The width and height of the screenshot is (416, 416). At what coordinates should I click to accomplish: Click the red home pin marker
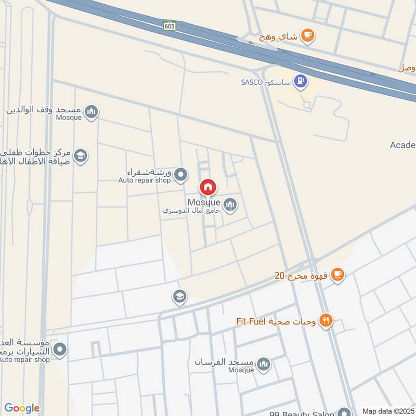point(208,187)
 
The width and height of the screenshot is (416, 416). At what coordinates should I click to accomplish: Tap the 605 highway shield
point(170,25)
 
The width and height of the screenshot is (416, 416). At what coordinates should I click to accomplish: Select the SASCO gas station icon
point(300,81)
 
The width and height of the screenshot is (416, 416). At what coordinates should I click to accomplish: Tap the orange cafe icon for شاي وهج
point(308,35)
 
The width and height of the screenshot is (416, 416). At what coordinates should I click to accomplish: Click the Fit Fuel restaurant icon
point(326,321)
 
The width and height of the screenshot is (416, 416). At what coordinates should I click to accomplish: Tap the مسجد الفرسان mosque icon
point(264,363)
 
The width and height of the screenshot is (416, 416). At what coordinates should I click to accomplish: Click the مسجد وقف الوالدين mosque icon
point(92,111)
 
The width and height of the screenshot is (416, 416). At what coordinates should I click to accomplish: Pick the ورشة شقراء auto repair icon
point(180,175)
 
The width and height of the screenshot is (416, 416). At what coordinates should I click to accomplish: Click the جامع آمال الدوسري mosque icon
point(230,205)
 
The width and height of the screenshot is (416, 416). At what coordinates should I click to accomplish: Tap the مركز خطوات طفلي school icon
point(80,155)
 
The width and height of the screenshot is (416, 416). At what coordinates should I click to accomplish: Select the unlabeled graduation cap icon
point(179,297)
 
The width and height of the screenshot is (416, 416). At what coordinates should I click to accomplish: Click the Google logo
point(22,408)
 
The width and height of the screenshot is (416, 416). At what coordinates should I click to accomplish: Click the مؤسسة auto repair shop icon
point(60,349)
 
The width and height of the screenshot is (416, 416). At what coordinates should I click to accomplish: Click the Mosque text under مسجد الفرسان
point(241,370)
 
